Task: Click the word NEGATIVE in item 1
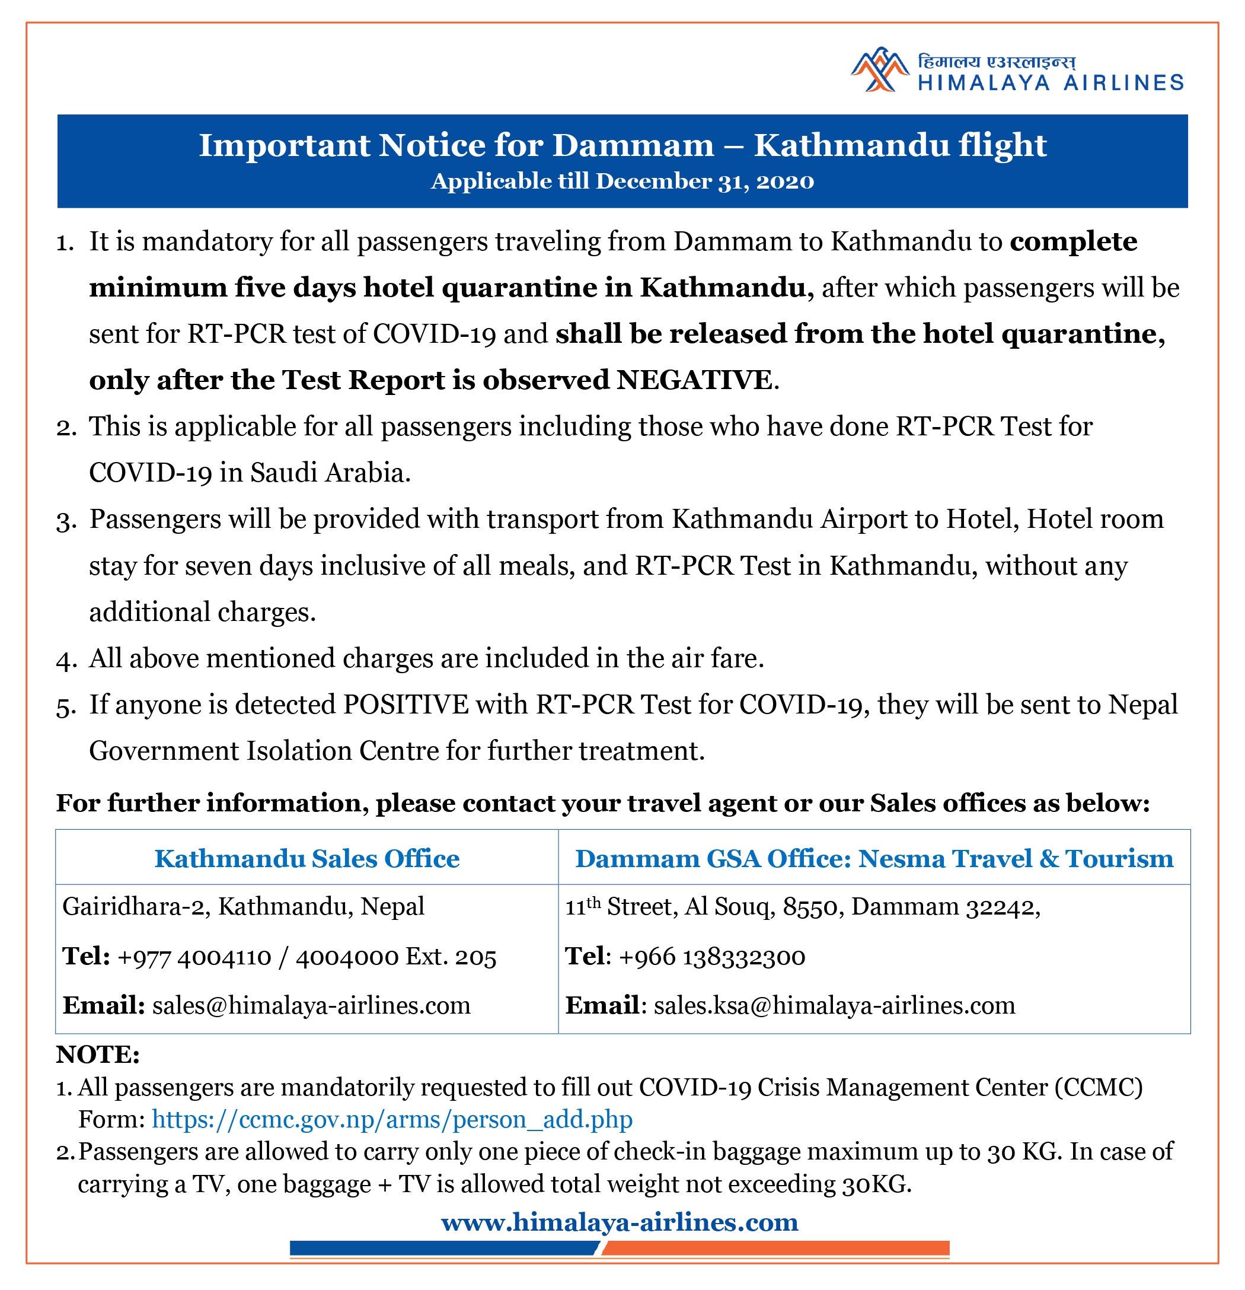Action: click(x=694, y=380)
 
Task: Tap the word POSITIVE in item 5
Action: click(x=406, y=705)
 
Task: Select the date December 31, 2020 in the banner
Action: click(x=704, y=181)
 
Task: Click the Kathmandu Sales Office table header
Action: click(x=307, y=859)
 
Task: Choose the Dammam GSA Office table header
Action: click(x=874, y=859)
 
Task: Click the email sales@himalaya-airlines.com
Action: click(x=311, y=1006)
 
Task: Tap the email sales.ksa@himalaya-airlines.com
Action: click(x=834, y=1006)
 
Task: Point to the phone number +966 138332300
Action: click(x=712, y=957)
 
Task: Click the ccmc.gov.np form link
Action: click(x=392, y=1120)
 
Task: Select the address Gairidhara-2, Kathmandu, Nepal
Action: click(x=243, y=907)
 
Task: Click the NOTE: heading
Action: click(x=98, y=1055)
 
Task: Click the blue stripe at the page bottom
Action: click(x=444, y=1248)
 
